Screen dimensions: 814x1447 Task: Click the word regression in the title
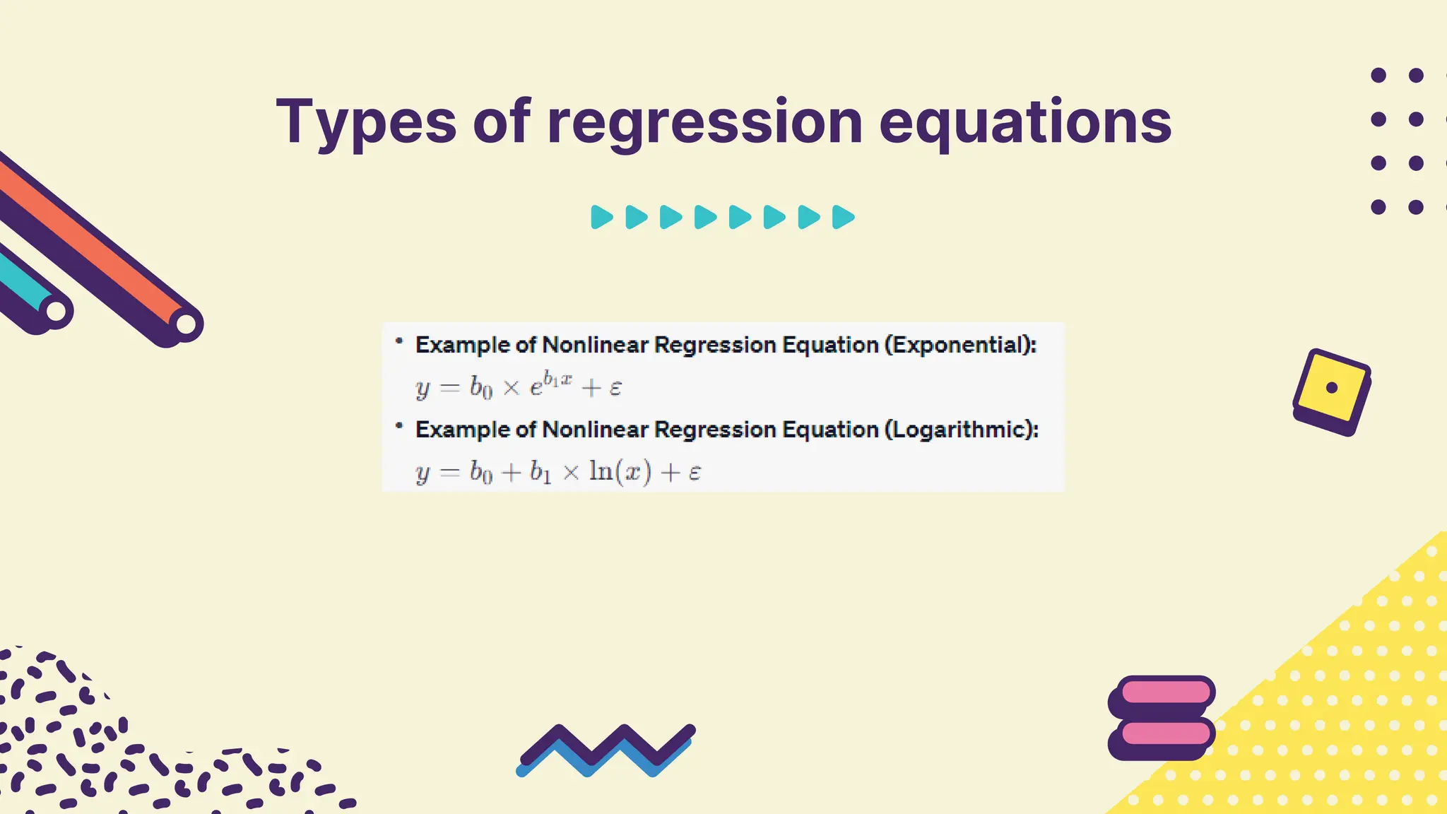pos(704,122)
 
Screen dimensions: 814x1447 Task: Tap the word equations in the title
pos(1024,122)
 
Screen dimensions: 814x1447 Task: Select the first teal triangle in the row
pos(601,217)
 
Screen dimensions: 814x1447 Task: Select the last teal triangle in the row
pos(842,217)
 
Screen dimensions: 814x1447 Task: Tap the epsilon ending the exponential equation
pos(615,387)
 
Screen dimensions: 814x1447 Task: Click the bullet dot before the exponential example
pos(399,341)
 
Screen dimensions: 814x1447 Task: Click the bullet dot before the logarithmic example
pos(399,425)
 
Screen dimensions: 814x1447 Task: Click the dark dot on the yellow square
pos(1332,387)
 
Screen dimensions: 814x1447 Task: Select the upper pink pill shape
pos(1166,691)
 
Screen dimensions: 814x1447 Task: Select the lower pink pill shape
pos(1166,733)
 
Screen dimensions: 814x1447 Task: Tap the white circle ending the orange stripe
pos(186,324)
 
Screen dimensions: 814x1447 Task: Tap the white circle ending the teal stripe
pos(57,311)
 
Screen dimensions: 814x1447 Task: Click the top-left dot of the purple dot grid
pos(1378,76)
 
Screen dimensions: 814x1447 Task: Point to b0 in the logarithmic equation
pos(480,472)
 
